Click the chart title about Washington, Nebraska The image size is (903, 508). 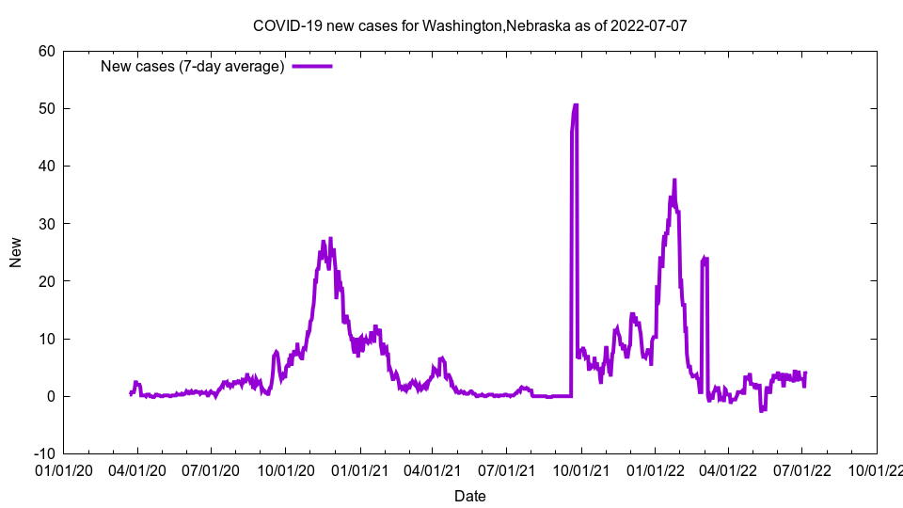[470, 25]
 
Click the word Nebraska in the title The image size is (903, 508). [537, 25]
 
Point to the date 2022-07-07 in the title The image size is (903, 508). [648, 25]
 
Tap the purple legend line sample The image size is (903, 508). [312, 66]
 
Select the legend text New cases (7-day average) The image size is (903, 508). [193, 66]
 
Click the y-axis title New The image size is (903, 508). [16, 252]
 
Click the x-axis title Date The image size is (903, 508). [470, 496]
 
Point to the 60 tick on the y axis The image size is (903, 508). [46, 51]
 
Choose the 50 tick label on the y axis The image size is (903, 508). [46, 108]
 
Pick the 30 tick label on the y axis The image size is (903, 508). [46, 223]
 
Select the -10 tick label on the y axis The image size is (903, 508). [43, 453]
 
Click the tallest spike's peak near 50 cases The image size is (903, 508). [576, 105]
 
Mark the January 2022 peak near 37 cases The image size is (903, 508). [674, 180]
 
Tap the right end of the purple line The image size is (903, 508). [805, 373]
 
